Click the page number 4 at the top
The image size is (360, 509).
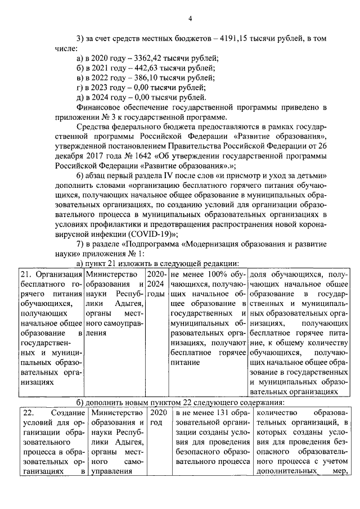[x=190, y=19]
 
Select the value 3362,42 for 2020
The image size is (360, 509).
[x=149, y=58]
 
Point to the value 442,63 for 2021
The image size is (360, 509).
[x=147, y=69]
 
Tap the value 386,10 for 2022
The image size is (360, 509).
[x=147, y=78]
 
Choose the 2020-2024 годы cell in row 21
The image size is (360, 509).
[x=156, y=284]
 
